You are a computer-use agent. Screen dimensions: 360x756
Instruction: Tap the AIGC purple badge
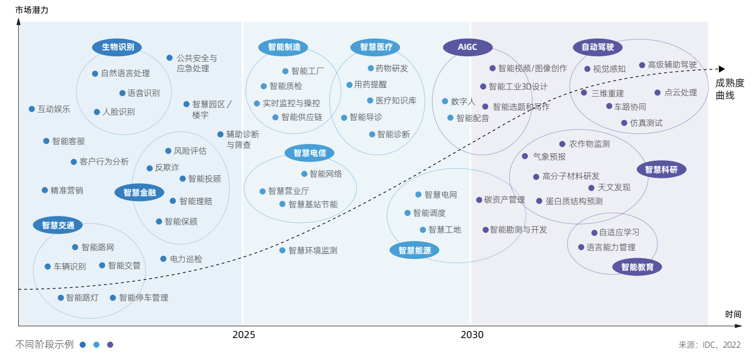pos(467,47)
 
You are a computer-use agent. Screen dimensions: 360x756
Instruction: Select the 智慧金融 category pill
pos(139,193)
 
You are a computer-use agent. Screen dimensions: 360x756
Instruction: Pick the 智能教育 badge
pos(637,267)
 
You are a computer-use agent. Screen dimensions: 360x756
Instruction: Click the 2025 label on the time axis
pos(244,335)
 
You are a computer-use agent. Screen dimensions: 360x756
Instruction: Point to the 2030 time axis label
pos(472,335)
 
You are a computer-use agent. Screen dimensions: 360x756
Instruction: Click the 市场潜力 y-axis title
pos(32,10)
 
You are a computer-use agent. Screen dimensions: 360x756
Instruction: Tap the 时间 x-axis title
pos(733,314)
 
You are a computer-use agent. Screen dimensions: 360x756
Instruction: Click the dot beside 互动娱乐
pos(32,109)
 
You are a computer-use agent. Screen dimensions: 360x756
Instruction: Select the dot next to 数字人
pos(445,101)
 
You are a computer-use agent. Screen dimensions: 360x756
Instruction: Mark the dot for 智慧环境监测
pos(282,250)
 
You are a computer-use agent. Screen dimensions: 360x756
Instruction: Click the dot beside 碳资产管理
pos(479,200)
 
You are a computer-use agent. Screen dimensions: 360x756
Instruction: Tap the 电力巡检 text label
pos(186,259)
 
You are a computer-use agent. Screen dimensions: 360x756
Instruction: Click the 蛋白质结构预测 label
pos(574,201)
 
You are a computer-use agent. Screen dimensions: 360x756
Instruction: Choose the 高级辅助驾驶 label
pos(672,65)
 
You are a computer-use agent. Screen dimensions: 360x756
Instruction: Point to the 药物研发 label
pos(391,68)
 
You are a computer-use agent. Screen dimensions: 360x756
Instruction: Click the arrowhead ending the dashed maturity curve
pos(721,69)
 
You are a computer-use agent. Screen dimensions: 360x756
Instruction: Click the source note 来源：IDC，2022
pos(709,345)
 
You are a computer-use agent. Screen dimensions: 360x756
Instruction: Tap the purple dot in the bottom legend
pos(110,345)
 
